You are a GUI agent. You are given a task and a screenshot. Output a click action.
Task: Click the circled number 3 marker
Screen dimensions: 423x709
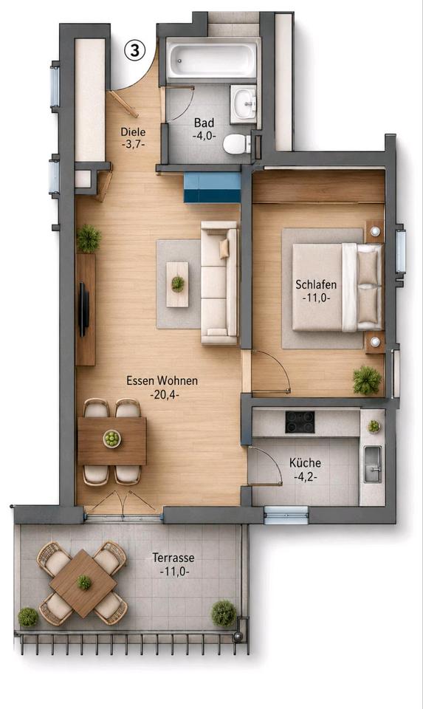(134, 51)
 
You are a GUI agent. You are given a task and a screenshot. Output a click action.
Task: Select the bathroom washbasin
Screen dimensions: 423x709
(244, 103)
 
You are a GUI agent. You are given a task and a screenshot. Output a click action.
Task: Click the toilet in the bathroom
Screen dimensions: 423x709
(237, 144)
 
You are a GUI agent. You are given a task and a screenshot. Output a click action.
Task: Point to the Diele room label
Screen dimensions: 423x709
(134, 132)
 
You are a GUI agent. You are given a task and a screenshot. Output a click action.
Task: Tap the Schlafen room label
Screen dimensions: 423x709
(317, 284)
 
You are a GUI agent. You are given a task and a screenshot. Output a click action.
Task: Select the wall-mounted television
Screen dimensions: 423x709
(83, 309)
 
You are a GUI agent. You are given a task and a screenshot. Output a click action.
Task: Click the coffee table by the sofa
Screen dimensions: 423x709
(177, 284)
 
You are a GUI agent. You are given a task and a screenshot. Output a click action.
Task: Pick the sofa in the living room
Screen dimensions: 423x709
(219, 283)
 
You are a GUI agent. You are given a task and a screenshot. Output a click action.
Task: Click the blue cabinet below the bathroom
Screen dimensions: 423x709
(212, 187)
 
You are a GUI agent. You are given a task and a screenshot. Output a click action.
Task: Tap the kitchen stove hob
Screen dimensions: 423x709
(300, 422)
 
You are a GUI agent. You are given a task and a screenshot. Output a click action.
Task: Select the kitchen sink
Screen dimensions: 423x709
(373, 465)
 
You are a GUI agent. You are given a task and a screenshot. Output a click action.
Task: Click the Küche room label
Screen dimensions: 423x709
(306, 463)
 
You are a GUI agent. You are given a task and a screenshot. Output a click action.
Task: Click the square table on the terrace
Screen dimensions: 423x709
(83, 583)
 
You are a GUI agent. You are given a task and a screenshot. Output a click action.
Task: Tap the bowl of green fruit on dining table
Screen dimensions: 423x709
(111, 438)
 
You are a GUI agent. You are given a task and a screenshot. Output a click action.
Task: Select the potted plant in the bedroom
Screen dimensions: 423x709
(366, 380)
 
